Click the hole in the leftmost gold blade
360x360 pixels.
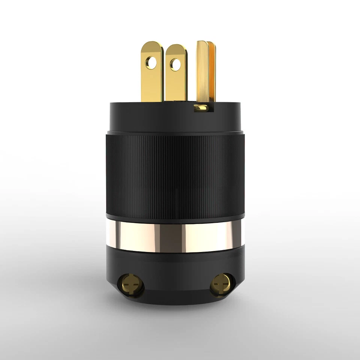151,63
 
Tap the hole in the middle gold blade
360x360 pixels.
175,64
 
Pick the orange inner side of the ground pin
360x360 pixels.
212,71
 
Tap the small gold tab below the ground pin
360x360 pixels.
201,108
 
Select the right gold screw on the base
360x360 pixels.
220,286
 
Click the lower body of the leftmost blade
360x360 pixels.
152,88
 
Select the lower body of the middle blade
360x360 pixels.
175,88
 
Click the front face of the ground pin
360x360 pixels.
202,75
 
